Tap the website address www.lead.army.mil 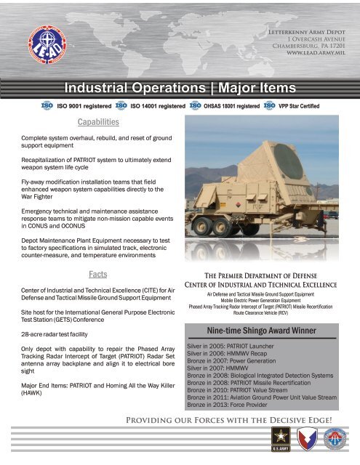pos(318,54)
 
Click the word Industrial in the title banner pos(99,89)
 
